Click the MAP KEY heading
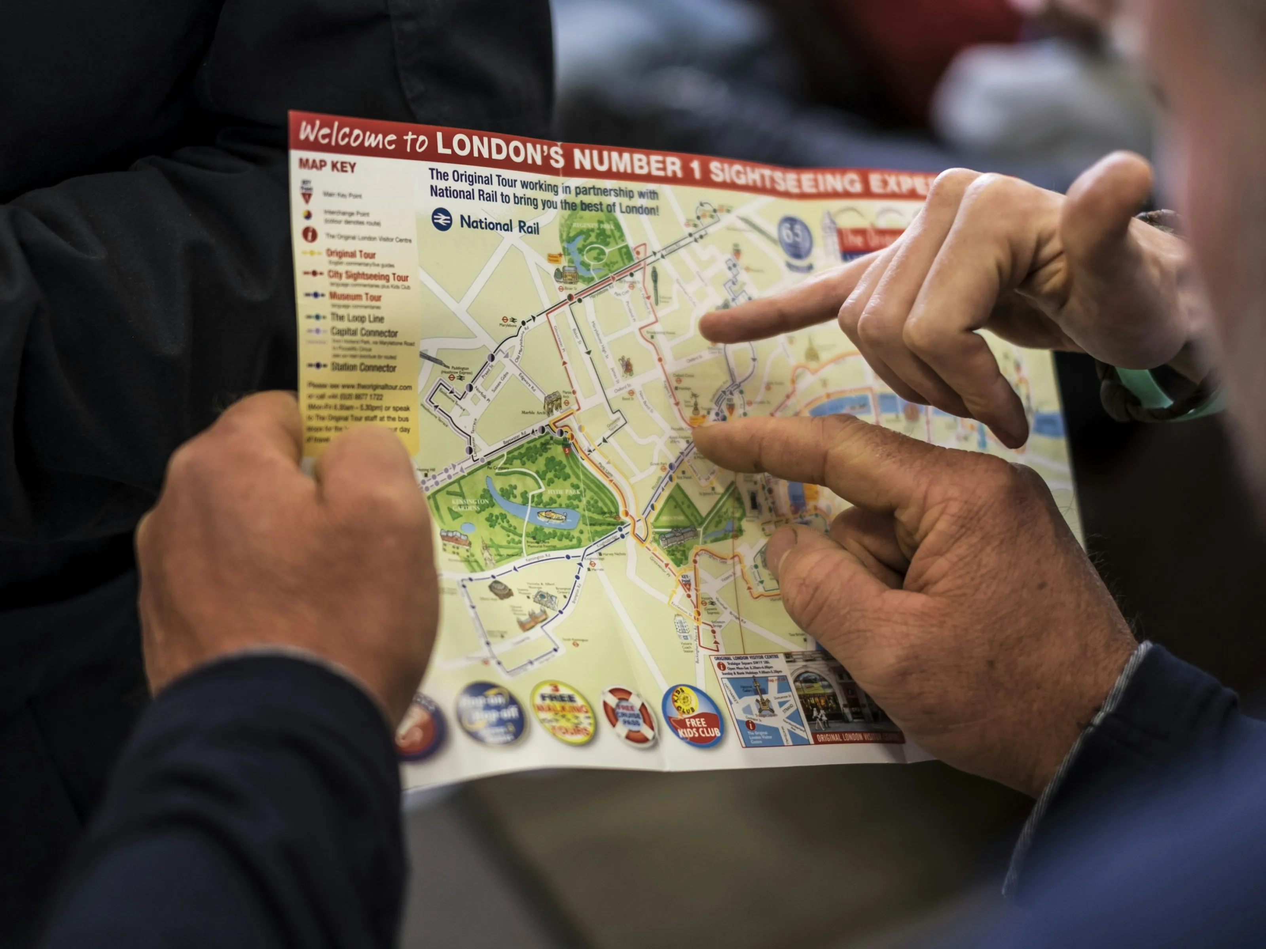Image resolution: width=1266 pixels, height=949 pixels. point(327,166)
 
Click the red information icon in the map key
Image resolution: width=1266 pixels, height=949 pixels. point(310,234)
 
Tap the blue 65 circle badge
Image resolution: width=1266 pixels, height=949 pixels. point(794,236)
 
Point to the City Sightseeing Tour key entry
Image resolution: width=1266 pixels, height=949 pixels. point(368,276)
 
